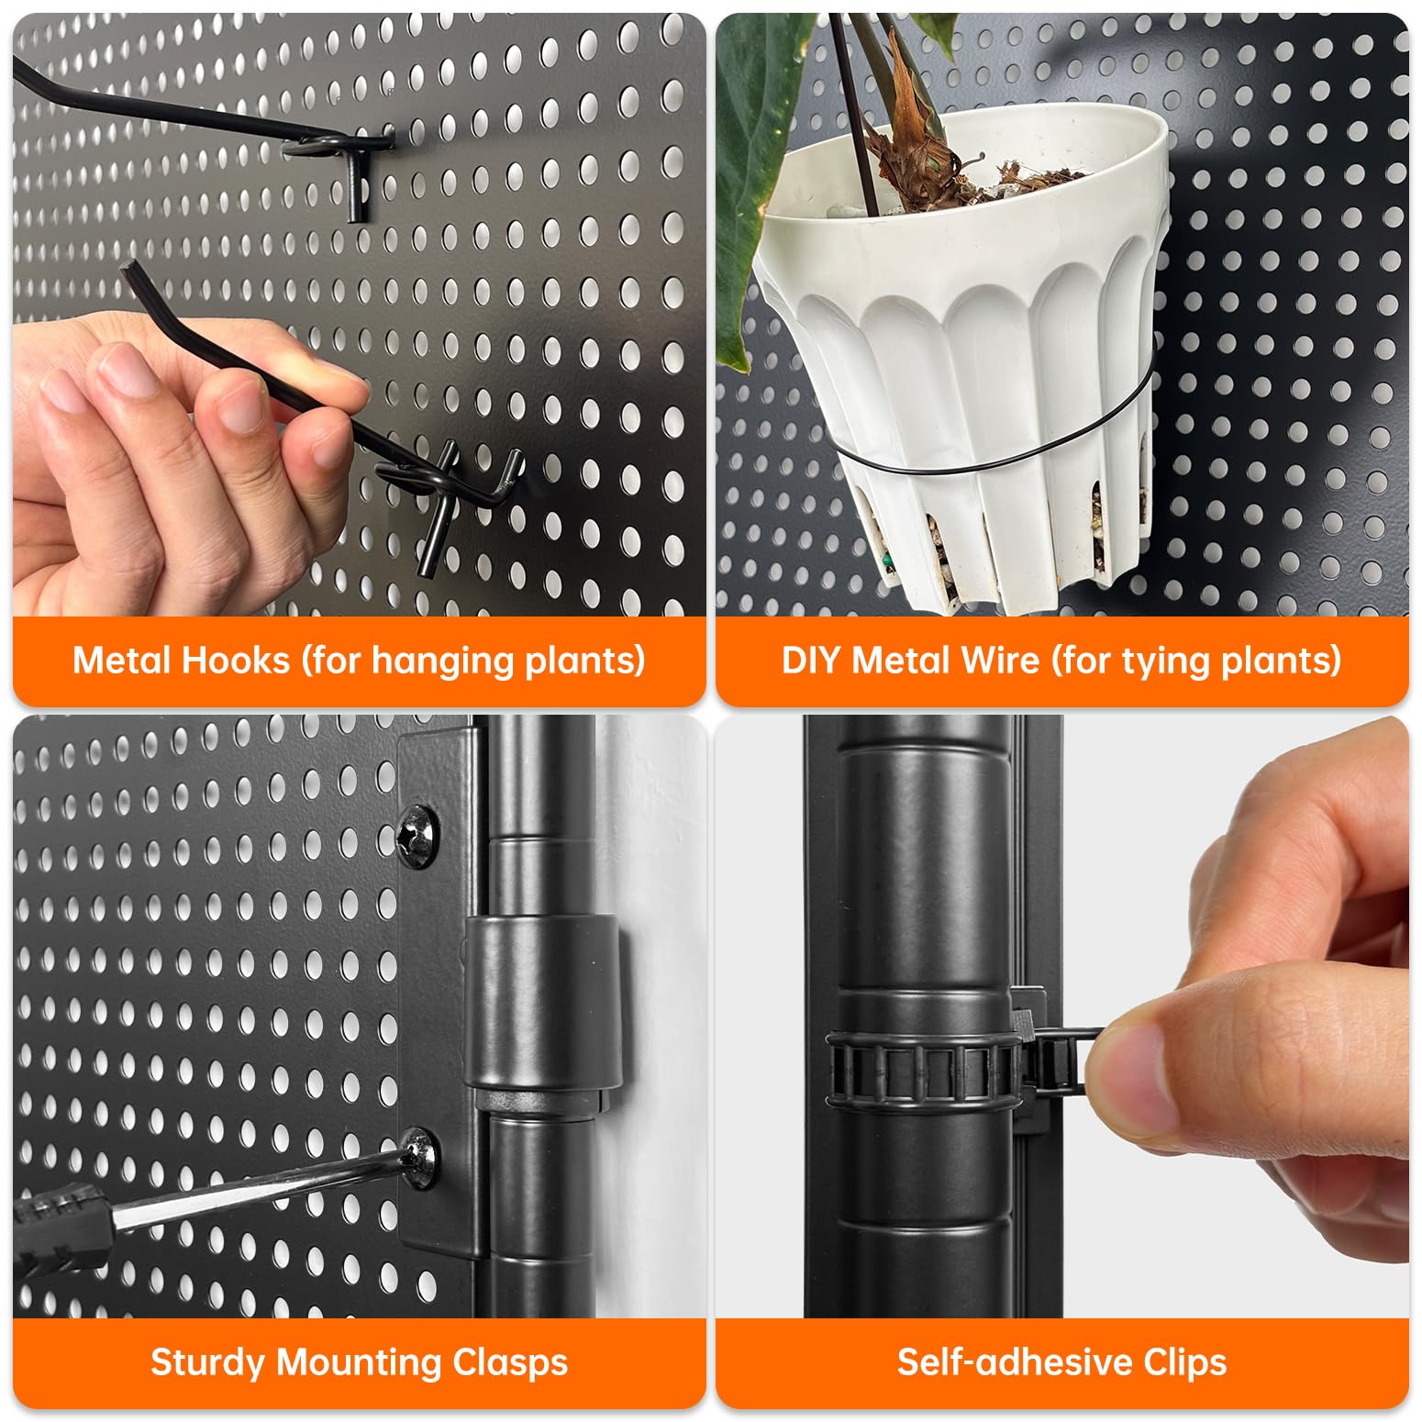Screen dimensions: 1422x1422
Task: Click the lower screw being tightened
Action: coord(420,1158)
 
